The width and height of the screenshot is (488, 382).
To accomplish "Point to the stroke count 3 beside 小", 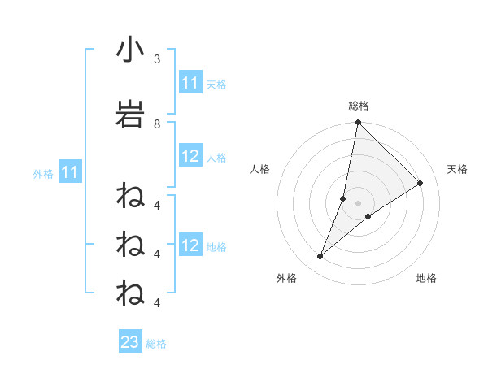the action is click(157, 59).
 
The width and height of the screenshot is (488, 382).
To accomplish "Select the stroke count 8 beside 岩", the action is click(157, 124).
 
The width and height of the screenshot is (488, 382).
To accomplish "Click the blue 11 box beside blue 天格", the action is click(190, 83).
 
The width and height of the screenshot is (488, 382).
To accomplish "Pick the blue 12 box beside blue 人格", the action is click(190, 156).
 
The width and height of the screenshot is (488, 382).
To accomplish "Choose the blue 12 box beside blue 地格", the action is click(190, 245).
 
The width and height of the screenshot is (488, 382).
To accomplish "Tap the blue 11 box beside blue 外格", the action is click(69, 172).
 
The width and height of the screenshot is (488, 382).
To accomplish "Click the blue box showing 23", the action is click(130, 342).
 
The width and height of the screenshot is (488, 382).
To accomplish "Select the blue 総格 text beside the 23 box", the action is click(156, 344).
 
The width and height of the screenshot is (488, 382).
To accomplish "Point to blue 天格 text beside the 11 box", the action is click(216, 85).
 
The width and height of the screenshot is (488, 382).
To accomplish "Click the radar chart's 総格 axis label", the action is click(359, 106).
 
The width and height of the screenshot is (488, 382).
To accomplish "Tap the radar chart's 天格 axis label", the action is click(458, 169).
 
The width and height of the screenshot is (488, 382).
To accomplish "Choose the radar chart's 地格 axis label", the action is click(426, 278).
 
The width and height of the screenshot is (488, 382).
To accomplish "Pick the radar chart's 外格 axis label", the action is click(286, 278).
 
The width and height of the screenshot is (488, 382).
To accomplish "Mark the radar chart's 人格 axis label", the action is click(259, 169).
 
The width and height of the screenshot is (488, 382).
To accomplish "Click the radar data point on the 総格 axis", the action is click(359, 123).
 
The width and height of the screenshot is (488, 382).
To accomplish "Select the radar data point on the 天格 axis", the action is click(420, 183).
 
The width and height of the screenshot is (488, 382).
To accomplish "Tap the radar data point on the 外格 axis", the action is click(320, 257).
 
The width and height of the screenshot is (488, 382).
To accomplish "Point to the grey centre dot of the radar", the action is click(359, 202).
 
